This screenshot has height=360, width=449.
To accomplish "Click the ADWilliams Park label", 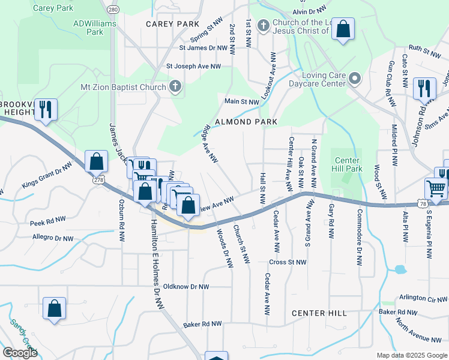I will point(88,28).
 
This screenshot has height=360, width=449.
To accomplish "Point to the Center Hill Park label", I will point(348,164).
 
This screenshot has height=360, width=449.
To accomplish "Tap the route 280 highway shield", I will point(112,10).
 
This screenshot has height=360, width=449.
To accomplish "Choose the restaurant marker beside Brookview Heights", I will point(46,109).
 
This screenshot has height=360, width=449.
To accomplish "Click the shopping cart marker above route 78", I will point(436,188).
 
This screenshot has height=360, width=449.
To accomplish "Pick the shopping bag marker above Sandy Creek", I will point(54,309).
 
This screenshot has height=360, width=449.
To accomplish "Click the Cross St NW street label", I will point(288,262).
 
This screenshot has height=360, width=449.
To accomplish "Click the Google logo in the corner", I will point(20,353).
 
